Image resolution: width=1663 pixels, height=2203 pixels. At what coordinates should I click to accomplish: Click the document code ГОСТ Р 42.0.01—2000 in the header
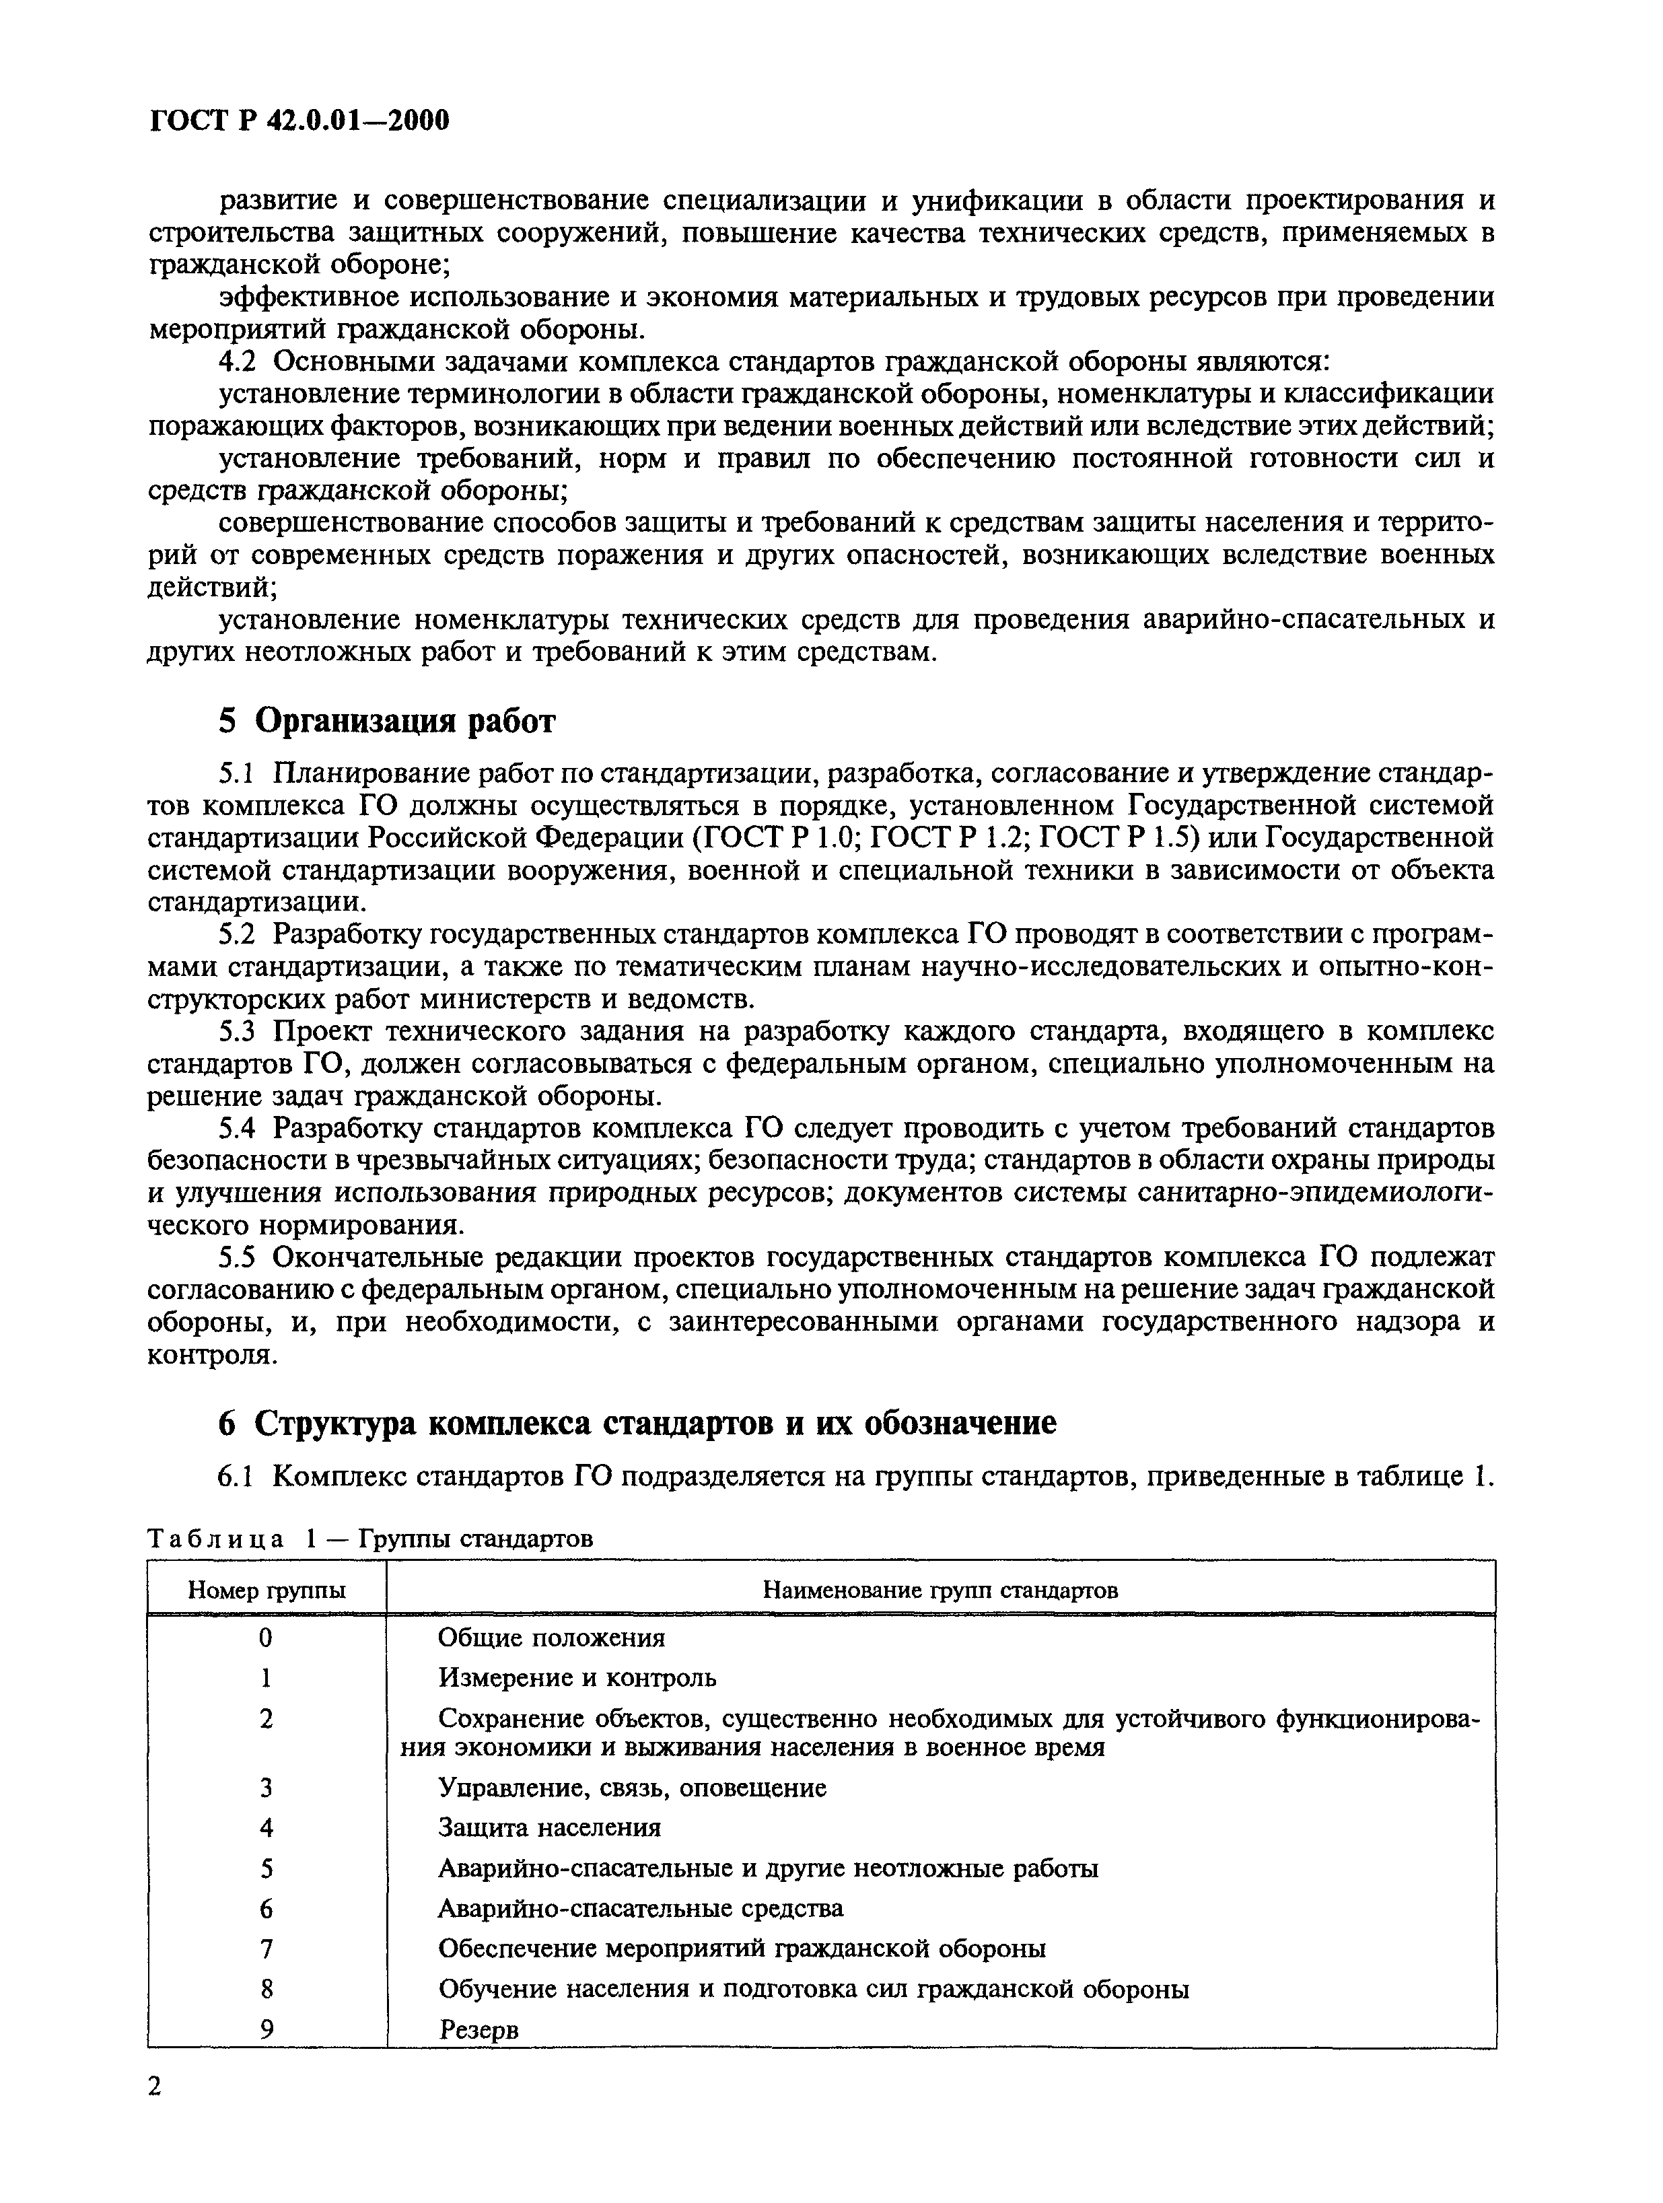[x=299, y=120]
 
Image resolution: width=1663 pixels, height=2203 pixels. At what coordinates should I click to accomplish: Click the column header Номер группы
[x=267, y=1590]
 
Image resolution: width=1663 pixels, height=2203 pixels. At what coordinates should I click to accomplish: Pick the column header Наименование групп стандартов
[x=940, y=1590]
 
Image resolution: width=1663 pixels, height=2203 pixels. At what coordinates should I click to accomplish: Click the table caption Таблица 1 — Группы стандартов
[x=369, y=1539]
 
